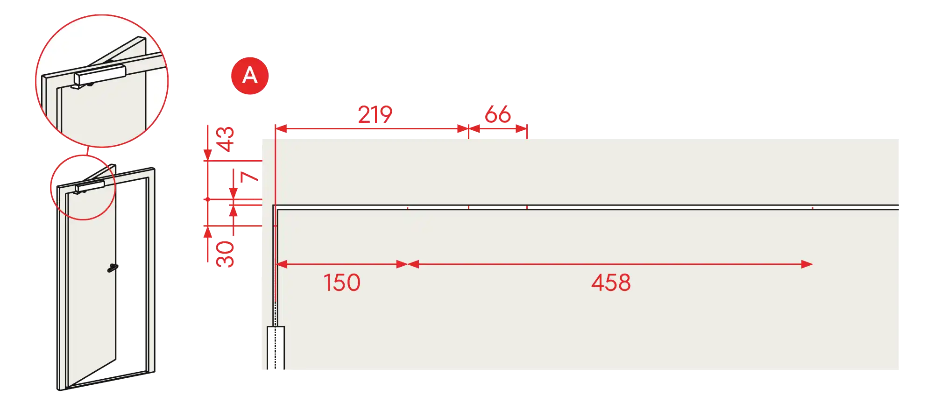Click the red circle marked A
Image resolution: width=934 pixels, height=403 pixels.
250,76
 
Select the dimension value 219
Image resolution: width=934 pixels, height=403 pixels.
375,114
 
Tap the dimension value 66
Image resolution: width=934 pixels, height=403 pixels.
498,114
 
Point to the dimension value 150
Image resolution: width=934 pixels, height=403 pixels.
342,283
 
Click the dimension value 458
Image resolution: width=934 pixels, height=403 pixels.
611,283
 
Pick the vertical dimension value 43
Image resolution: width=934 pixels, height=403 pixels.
225,139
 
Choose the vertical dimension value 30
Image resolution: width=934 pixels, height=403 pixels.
225,254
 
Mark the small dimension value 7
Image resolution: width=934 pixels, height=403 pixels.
249,177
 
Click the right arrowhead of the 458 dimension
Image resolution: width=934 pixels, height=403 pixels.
807,264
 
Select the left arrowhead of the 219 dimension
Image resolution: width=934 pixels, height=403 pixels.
281,128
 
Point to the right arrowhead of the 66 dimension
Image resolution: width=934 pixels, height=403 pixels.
521,128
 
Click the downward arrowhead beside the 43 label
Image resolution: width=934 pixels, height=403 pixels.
208,155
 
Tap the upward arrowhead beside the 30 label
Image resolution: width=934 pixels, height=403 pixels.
208,232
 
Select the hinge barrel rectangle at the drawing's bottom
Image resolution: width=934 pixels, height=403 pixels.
276,348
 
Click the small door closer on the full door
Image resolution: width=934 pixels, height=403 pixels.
90,186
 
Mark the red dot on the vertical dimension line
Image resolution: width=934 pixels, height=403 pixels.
208,199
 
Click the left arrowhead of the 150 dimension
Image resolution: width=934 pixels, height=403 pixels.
282,264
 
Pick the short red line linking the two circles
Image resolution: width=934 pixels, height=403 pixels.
87,151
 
